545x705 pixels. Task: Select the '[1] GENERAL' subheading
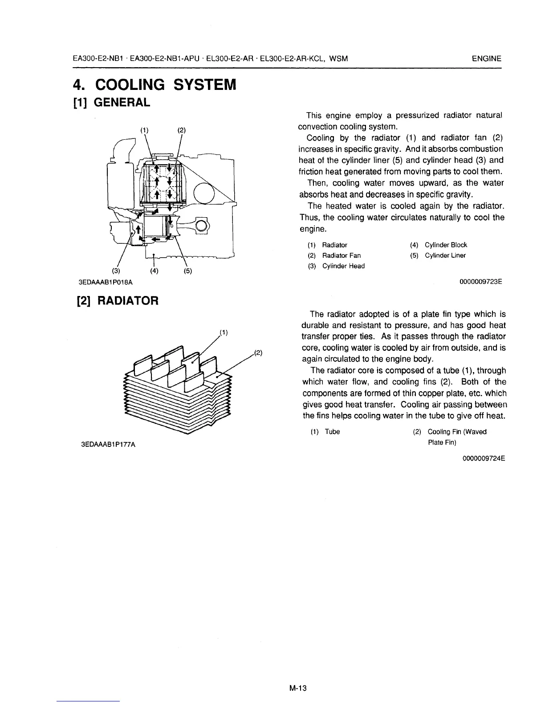coord(111,103)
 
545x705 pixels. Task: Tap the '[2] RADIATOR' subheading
coord(115,300)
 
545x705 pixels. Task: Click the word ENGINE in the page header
coord(487,59)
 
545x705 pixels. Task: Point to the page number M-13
coord(298,688)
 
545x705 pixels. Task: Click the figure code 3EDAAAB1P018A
coord(106,282)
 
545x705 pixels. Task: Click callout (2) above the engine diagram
coord(181,130)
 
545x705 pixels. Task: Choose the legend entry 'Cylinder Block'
coord(446,245)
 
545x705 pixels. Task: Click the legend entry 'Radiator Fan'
coord(342,255)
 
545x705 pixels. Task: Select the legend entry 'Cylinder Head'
coord(343,266)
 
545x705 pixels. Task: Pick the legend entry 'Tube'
coord(332,432)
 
